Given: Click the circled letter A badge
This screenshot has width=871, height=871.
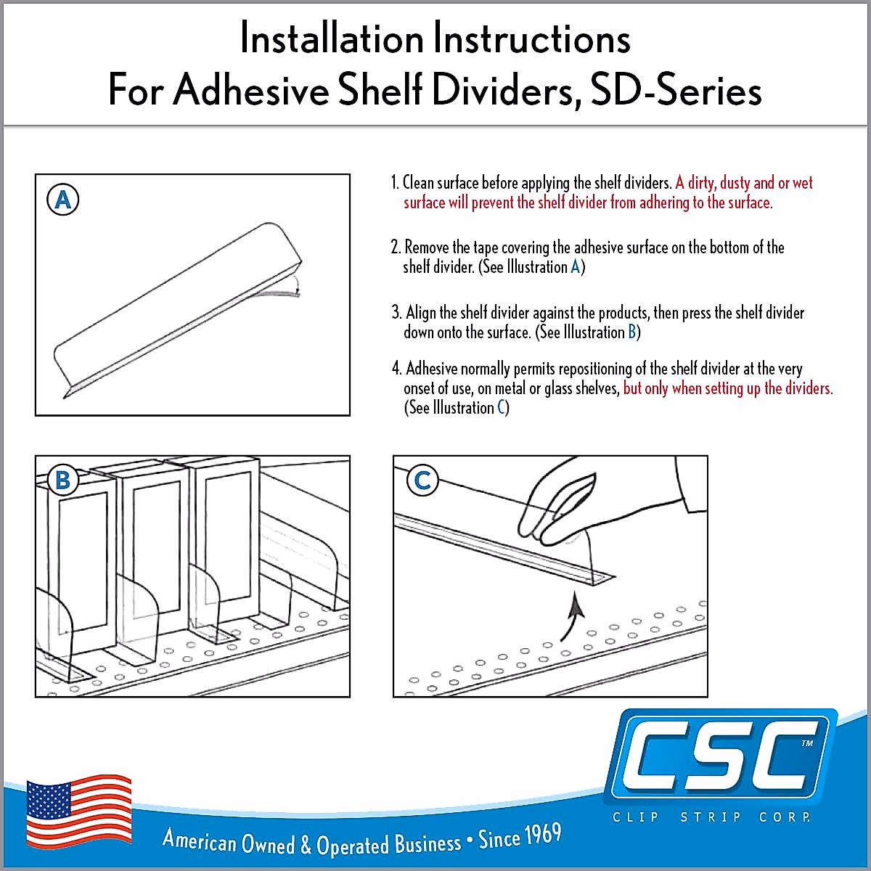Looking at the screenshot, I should [62, 200].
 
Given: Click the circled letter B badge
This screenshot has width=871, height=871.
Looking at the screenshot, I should [62, 480].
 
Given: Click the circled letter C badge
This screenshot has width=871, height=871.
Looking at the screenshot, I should [422, 480].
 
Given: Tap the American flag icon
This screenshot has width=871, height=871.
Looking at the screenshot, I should [79, 811].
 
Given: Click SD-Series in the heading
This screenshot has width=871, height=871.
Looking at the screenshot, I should [676, 91].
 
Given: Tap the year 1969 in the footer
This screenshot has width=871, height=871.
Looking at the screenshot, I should [543, 835].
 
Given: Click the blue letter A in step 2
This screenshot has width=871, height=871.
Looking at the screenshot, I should [576, 267].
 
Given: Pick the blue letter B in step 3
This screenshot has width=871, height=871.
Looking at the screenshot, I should [632, 332].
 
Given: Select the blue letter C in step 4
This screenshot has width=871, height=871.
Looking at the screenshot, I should [502, 408].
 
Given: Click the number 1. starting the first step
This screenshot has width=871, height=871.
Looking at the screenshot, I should [396, 183].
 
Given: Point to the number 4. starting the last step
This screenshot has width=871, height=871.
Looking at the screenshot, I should [396, 369].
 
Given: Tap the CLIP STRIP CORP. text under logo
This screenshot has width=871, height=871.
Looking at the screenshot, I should [711, 817].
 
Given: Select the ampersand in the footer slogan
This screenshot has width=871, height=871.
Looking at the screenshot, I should [306, 846].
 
